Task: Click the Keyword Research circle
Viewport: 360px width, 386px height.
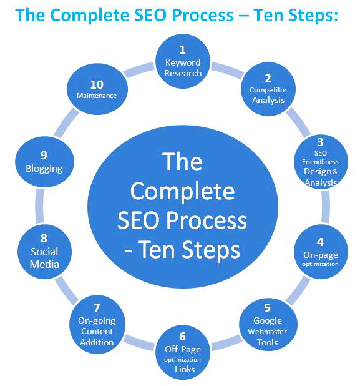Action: (x=182, y=61)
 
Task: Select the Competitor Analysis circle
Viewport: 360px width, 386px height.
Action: (x=268, y=89)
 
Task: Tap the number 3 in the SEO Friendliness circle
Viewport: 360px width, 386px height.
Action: (x=320, y=142)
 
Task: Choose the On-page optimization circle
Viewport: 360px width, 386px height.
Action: (x=321, y=252)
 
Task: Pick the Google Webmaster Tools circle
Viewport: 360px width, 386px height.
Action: (x=268, y=324)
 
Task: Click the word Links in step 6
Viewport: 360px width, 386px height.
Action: (x=185, y=369)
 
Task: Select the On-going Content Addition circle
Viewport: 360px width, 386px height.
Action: (x=97, y=324)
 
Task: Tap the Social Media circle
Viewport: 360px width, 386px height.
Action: (x=44, y=252)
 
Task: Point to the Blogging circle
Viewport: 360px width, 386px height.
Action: (x=44, y=162)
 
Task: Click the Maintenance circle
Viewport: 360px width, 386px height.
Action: (x=97, y=89)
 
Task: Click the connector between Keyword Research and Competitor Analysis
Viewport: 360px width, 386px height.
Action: (x=226, y=71)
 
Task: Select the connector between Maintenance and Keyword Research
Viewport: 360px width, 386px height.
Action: (x=139, y=70)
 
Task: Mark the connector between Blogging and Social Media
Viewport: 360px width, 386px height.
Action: (x=39, y=206)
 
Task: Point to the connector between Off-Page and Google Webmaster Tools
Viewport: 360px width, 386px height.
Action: (x=226, y=342)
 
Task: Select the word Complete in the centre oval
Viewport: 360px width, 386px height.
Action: (x=182, y=191)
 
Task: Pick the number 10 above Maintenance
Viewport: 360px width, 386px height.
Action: (x=97, y=85)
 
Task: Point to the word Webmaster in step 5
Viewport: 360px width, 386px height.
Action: (x=267, y=332)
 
